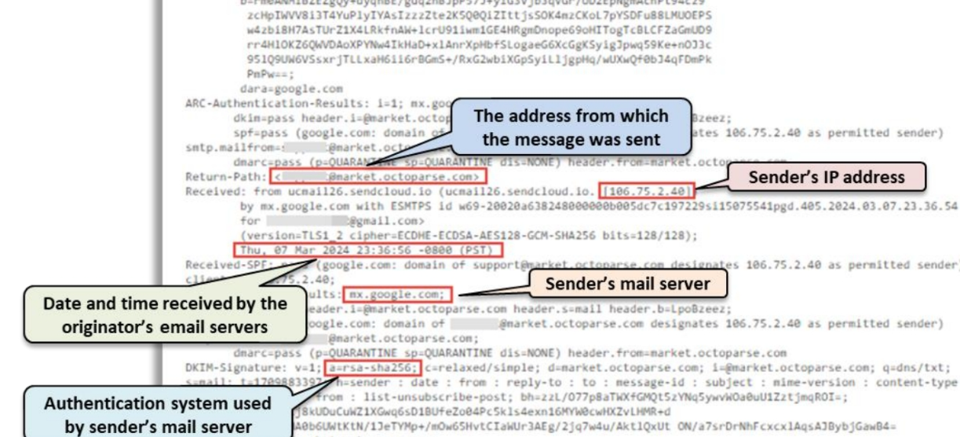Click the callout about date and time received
[x=165, y=314]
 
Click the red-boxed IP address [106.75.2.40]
[x=647, y=190]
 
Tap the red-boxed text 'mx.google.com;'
[x=396, y=295]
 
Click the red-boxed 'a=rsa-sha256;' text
[x=384, y=368]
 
